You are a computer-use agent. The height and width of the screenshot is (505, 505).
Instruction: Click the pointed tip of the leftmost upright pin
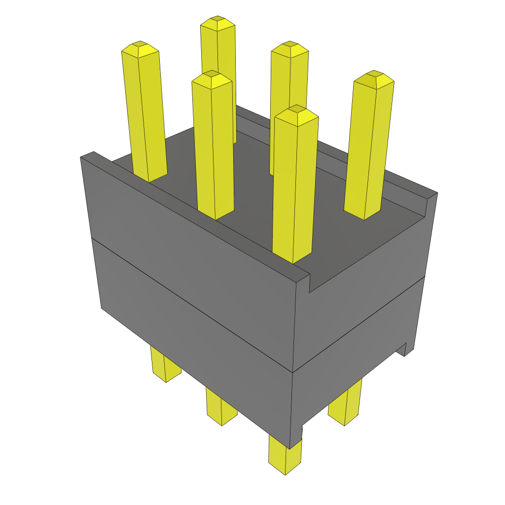[x=140, y=48]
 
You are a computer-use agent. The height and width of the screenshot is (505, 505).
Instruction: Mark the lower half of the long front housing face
[x=197, y=325]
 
